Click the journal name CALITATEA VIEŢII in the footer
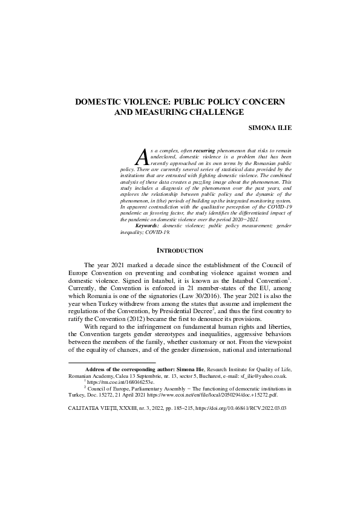tap(89, 409)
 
